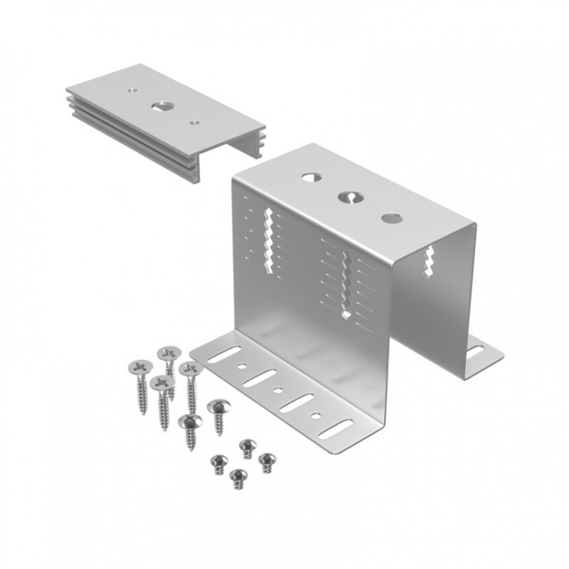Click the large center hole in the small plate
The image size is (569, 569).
click(162, 107)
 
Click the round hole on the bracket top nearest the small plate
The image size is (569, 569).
click(310, 178)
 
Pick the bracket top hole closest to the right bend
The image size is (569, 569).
click(391, 218)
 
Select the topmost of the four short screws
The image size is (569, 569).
click(247, 445)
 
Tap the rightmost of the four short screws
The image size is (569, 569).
click(267, 461)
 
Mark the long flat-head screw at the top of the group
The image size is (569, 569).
click(167, 353)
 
